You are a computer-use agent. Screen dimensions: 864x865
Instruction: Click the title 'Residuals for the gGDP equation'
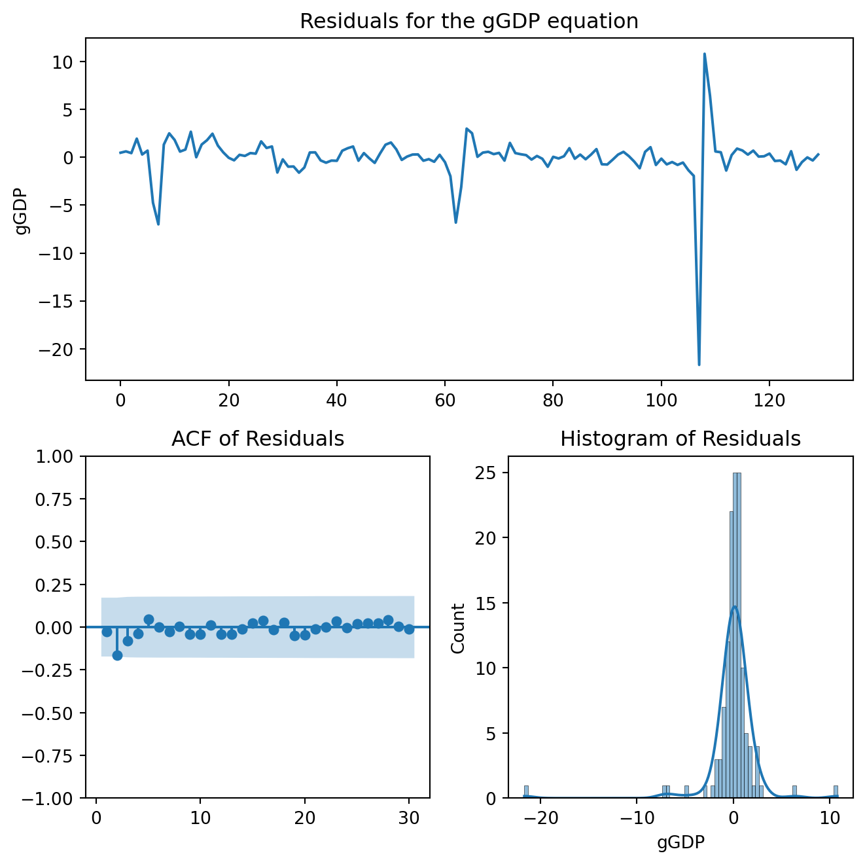[468, 22]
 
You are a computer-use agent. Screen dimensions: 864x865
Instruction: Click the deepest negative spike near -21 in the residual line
[699, 364]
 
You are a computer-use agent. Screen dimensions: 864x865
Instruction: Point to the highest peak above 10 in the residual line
[704, 54]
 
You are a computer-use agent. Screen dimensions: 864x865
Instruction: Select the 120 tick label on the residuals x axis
[769, 398]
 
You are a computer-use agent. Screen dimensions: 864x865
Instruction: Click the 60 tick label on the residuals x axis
[445, 398]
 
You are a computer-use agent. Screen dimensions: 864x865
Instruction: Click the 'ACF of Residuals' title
[258, 439]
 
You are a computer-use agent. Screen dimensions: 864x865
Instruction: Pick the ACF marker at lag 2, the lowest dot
[117, 655]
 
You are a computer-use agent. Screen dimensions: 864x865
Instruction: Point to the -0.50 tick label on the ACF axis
[57, 713]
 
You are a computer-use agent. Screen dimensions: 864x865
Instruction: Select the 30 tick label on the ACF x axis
[409, 816]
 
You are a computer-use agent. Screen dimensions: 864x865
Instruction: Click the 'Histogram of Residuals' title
[680, 439]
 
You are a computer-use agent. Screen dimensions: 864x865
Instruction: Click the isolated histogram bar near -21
[525, 792]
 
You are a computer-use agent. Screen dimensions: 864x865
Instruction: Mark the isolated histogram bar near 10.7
[836, 792]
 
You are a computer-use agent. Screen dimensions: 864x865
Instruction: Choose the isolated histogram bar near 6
[794, 792]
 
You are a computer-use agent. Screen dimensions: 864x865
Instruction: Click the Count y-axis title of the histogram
[458, 628]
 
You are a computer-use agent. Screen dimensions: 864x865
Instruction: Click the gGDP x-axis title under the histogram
[680, 842]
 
